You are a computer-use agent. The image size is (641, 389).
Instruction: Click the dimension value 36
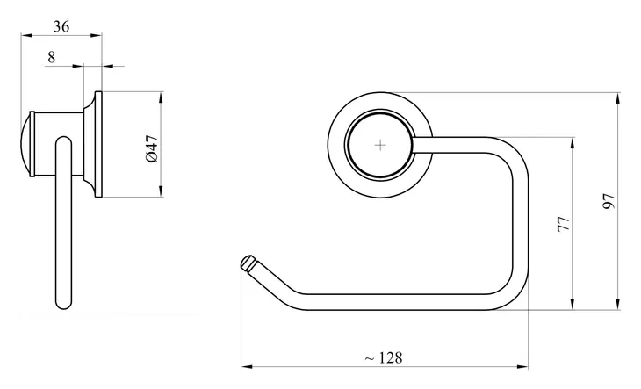tap(61, 26)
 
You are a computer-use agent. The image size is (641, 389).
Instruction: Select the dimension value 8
tap(51, 57)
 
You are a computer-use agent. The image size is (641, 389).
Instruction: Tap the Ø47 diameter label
tap(152, 148)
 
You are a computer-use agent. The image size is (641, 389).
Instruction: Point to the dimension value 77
tap(564, 224)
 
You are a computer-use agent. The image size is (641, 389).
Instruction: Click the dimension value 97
tap(609, 201)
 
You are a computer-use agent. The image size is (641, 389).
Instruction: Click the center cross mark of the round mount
tap(380, 145)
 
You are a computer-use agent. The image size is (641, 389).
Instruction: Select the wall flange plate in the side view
tap(98, 144)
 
